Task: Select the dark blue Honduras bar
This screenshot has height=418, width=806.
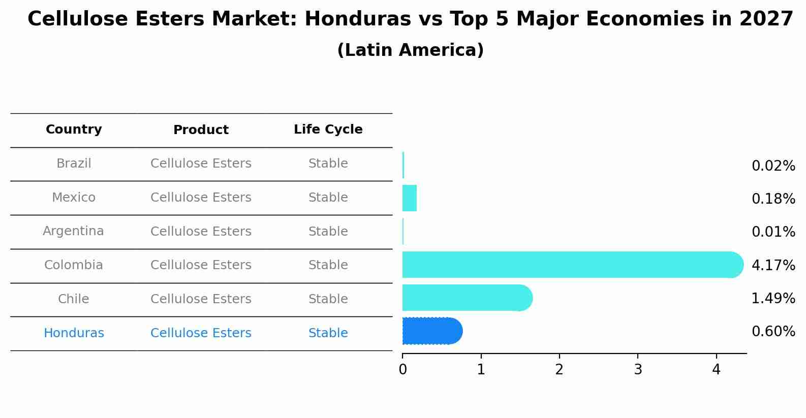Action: (432, 331)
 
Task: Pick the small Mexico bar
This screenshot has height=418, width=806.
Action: (410, 198)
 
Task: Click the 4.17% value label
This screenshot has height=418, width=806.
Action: (773, 265)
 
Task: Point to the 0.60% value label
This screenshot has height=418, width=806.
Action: (773, 332)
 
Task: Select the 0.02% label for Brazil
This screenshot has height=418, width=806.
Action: (773, 166)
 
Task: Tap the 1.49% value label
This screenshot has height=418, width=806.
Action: (773, 298)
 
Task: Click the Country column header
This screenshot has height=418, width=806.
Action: (74, 130)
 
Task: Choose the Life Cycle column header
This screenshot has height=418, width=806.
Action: (328, 130)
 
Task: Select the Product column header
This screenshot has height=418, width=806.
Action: (201, 130)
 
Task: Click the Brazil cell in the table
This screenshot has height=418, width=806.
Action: (74, 164)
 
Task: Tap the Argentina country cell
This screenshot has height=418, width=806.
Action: (73, 231)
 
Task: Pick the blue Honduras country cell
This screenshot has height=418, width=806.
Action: (74, 333)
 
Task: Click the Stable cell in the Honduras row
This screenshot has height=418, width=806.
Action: (328, 333)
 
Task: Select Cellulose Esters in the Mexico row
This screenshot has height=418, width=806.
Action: (201, 198)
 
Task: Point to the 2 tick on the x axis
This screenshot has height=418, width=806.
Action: (559, 370)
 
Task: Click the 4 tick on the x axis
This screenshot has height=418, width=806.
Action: (716, 370)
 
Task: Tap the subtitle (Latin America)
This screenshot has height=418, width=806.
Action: (410, 50)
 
